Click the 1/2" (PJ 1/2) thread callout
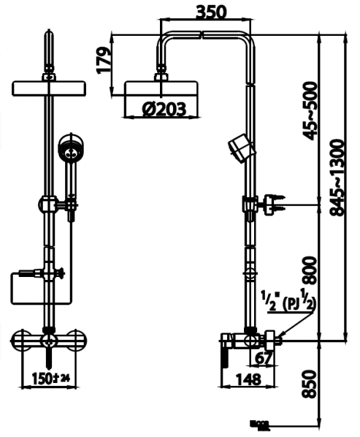pos(288,300)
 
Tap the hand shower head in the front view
pos(71,151)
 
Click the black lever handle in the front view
pos(49,357)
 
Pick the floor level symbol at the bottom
pos(260,425)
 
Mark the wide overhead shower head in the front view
pos(49,88)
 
